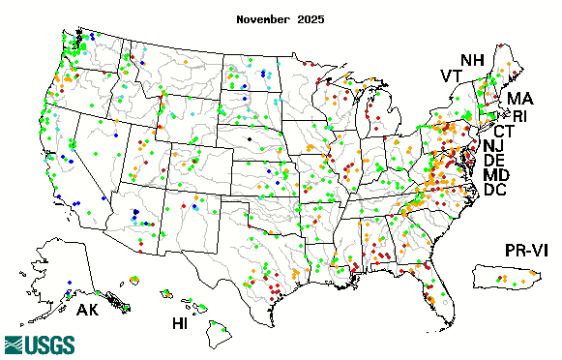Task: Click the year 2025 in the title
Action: pyautogui.click(x=310, y=18)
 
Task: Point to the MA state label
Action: pyautogui.click(x=519, y=99)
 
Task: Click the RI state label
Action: pyautogui.click(x=519, y=116)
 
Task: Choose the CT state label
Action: pyautogui.click(x=504, y=132)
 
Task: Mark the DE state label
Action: pyautogui.click(x=494, y=160)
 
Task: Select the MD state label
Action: pyautogui.click(x=496, y=175)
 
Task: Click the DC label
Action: pyautogui.click(x=494, y=191)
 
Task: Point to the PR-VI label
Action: pyautogui.click(x=528, y=252)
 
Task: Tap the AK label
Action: pyautogui.click(x=87, y=312)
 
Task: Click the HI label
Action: pyautogui.click(x=180, y=322)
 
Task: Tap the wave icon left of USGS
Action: pyautogui.click(x=18, y=345)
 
